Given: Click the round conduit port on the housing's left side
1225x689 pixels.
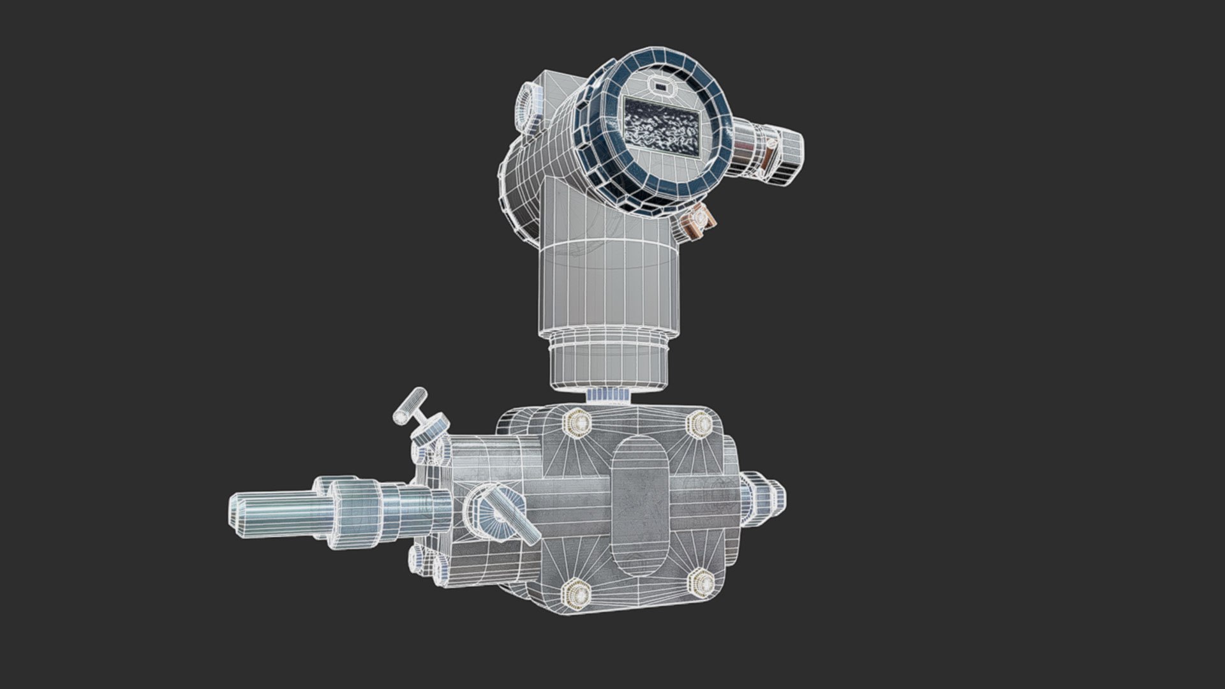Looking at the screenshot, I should [x=528, y=102].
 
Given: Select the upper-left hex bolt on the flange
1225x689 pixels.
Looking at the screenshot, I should [x=578, y=423].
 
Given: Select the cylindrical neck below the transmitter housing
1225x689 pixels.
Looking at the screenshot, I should [x=606, y=281].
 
